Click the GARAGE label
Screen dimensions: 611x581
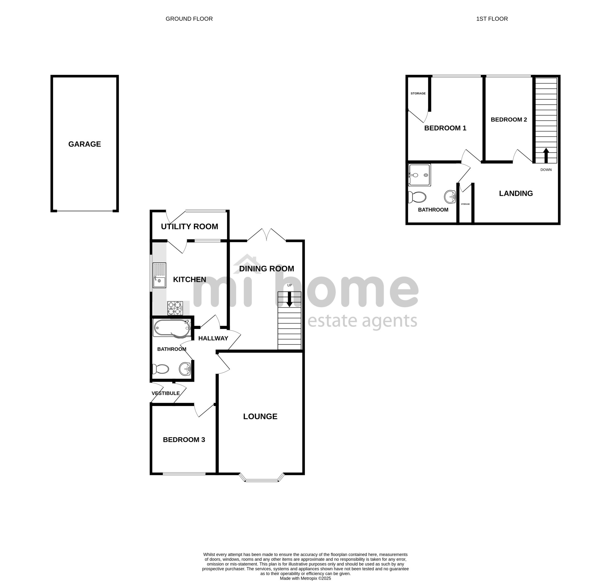85,144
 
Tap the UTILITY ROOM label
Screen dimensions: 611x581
189,226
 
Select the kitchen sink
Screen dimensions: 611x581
159,275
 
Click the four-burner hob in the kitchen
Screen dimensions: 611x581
175,308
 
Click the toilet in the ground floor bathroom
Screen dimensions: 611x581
160,369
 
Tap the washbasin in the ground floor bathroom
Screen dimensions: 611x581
185,369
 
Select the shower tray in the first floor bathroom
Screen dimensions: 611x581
420,175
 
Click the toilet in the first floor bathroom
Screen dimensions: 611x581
417,197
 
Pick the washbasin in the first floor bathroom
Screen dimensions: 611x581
450,196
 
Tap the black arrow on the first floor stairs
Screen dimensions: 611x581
546,155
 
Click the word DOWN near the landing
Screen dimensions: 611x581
546,170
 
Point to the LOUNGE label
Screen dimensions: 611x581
260,416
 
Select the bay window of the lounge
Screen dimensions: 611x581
262,477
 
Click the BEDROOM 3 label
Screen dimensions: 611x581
184,440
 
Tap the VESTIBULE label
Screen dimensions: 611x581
166,393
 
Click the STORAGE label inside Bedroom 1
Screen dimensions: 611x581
418,93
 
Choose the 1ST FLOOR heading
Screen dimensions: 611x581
492,19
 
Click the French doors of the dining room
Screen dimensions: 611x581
266,235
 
